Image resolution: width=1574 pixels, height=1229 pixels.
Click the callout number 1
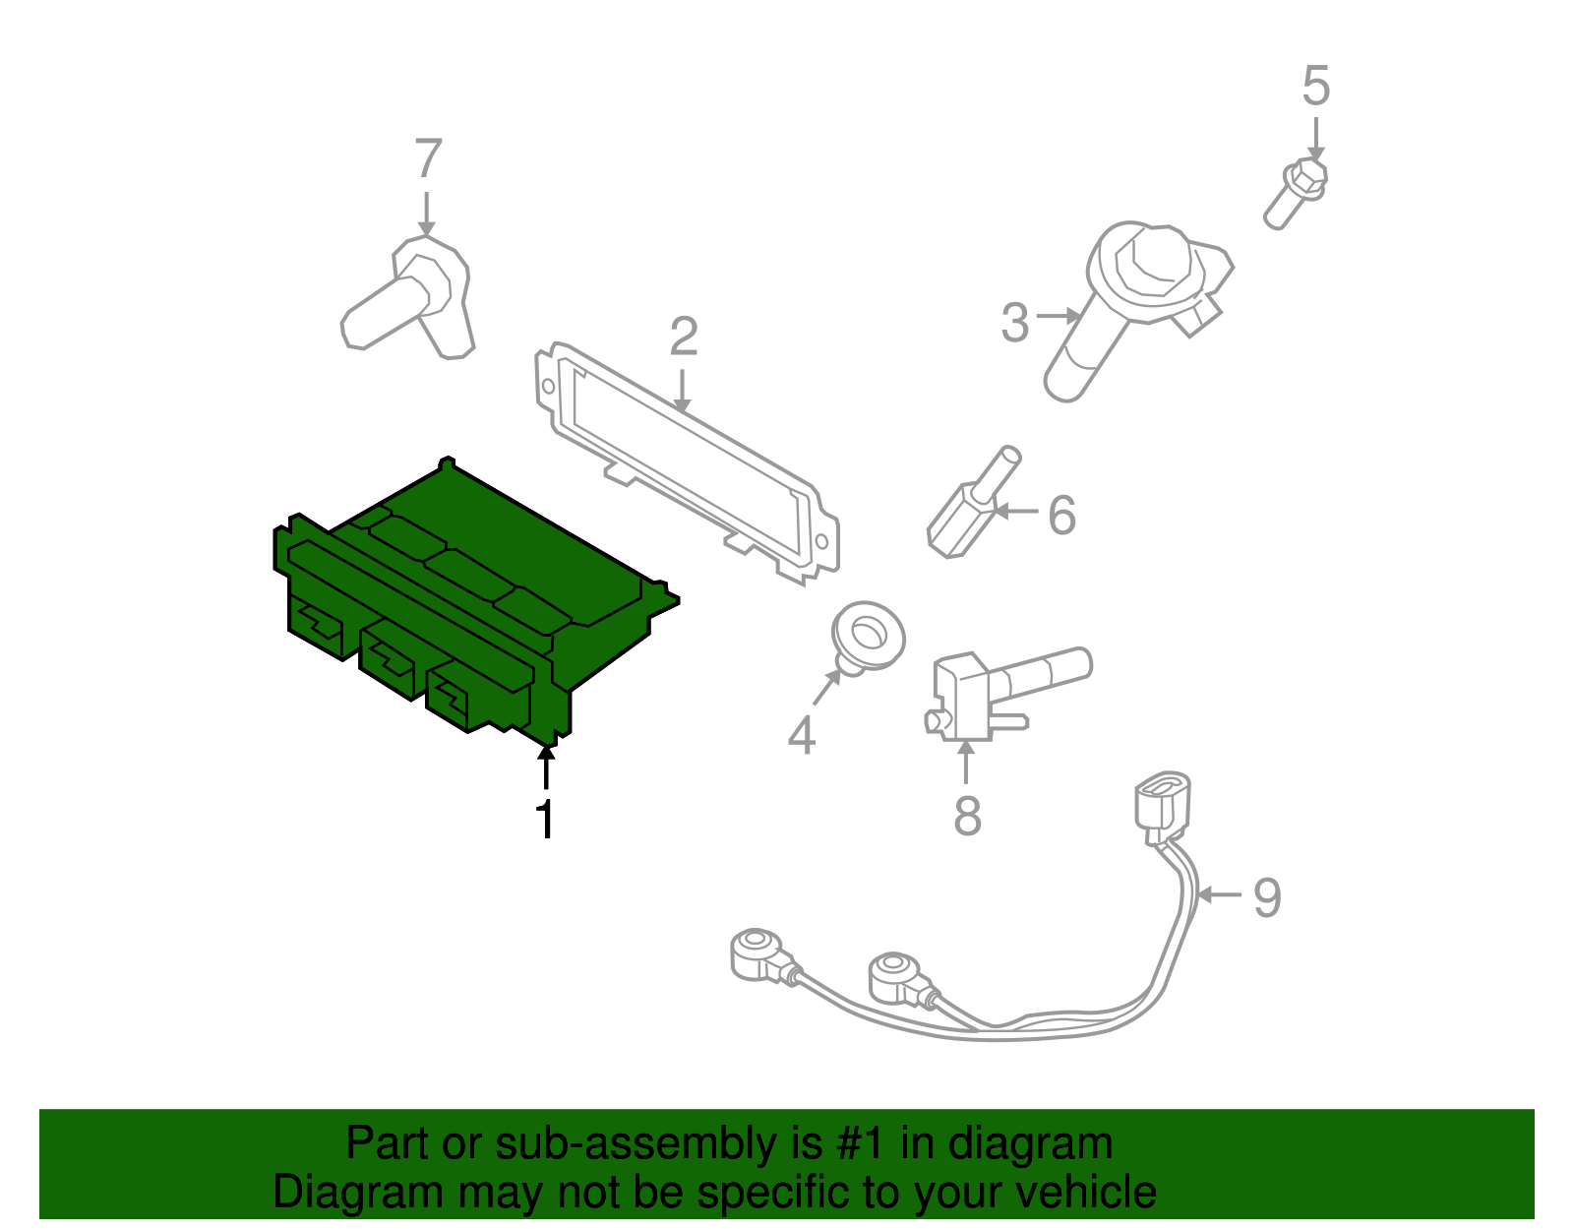[x=544, y=820]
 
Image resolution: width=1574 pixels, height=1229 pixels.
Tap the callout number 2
[x=684, y=338]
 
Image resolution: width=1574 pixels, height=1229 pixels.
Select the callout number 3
[x=1014, y=323]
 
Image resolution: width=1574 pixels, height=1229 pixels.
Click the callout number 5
[x=1315, y=87]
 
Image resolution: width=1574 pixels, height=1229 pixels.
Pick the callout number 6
[x=1061, y=516]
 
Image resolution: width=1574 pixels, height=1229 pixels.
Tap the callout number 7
[x=428, y=158]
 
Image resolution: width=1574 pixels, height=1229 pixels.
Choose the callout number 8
[x=967, y=816]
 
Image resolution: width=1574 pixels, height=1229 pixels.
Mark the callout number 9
[x=1267, y=897]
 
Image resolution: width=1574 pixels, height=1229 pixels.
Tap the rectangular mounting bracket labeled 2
[x=689, y=462]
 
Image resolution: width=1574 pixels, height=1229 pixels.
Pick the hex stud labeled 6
[x=974, y=507]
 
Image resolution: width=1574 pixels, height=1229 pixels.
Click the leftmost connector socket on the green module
[x=317, y=624]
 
